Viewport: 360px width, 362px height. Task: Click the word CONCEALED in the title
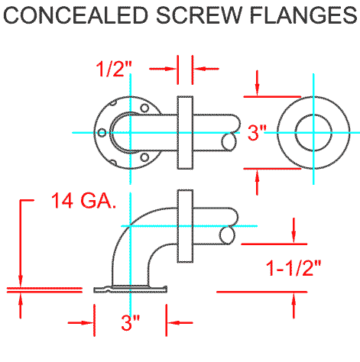76,15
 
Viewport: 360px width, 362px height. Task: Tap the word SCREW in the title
199,15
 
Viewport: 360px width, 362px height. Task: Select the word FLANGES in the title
303,15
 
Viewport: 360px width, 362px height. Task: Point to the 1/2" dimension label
114,69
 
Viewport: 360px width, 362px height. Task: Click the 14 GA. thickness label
83,201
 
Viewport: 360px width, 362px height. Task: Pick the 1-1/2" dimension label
293,268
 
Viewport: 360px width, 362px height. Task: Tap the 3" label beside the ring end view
257,133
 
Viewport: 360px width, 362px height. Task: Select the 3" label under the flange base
131,323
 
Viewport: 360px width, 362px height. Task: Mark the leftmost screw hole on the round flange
102,133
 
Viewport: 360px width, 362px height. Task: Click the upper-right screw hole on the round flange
144,108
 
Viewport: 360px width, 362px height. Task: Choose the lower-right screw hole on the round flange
144,157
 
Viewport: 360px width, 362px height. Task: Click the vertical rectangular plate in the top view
185,133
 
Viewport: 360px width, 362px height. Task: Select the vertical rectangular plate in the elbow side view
185,226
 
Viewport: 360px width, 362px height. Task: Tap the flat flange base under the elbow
131,289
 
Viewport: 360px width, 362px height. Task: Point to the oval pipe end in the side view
227,235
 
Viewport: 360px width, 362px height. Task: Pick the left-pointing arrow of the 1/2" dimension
206,69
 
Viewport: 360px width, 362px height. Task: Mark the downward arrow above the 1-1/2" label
294,231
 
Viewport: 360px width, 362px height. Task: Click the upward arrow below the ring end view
257,183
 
